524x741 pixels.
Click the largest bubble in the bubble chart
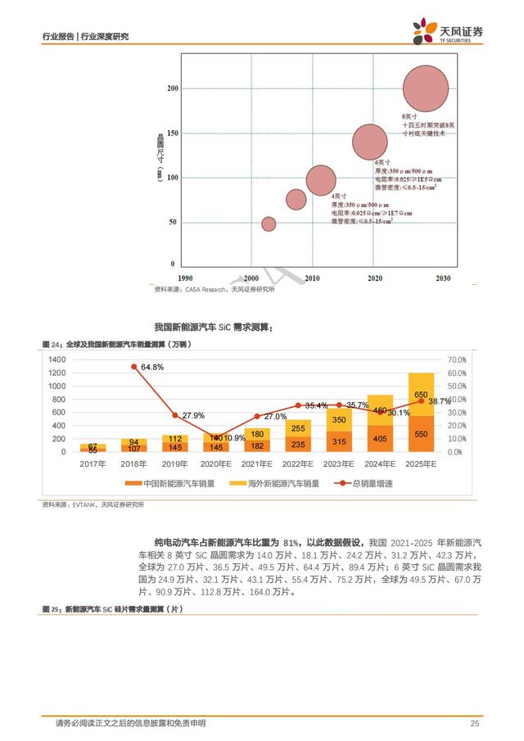(x=426, y=88)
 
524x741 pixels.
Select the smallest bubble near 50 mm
(x=269, y=224)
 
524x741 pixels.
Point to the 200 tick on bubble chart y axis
(x=170, y=88)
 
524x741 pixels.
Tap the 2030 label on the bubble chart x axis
(x=443, y=279)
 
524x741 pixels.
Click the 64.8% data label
(x=152, y=368)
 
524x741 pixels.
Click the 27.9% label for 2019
(x=193, y=416)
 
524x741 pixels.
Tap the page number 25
(x=473, y=723)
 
